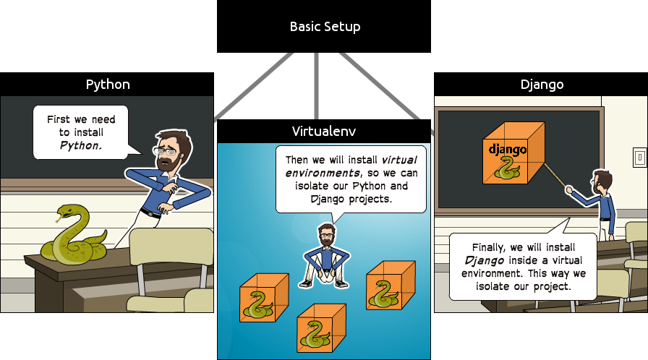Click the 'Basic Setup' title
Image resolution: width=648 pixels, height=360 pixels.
(x=325, y=27)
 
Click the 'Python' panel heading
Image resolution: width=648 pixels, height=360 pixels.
(x=108, y=84)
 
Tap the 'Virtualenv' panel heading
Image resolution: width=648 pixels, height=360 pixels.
(x=324, y=131)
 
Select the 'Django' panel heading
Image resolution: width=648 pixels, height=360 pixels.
(x=542, y=84)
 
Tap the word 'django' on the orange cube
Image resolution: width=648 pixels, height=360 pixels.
(x=507, y=150)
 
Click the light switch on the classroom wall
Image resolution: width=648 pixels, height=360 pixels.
(x=639, y=156)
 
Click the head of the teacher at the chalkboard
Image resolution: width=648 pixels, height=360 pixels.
(x=602, y=181)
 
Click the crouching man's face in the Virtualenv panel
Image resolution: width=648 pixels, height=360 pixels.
(x=327, y=236)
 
